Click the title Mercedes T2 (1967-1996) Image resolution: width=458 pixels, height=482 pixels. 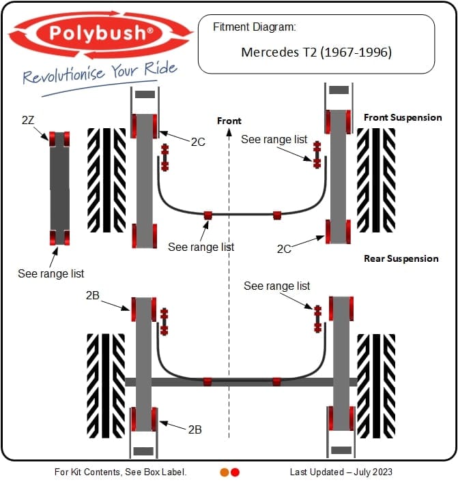click(x=316, y=52)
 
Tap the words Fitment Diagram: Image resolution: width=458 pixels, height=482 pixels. click(x=254, y=28)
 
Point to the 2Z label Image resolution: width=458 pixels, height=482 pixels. click(x=28, y=120)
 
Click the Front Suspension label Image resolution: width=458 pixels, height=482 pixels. click(x=403, y=117)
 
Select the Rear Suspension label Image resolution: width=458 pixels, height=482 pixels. click(x=401, y=258)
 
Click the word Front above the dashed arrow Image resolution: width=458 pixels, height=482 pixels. click(x=229, y=121)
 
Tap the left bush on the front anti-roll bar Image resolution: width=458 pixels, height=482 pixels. click(x=208, y=215)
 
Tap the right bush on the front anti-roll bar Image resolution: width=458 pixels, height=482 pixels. click(x=277, y=215)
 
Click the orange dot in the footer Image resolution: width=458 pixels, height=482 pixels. click(x=225, y=472)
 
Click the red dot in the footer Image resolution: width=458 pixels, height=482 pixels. click(x=235, y=472)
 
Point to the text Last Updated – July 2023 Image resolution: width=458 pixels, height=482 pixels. click(x=341, y=472)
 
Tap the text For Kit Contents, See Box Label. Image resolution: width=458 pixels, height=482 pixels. click(x=120, y=472)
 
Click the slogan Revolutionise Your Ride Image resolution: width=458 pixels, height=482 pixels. click(x=100, y=73)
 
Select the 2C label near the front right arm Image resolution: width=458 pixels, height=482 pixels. click(x=284, y=249)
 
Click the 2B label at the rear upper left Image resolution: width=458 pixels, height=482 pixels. click(x=94, y=295)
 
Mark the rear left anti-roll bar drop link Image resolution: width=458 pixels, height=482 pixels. click(x=164, y=321)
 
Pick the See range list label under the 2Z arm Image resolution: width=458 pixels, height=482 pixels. click(x=51, y=273)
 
